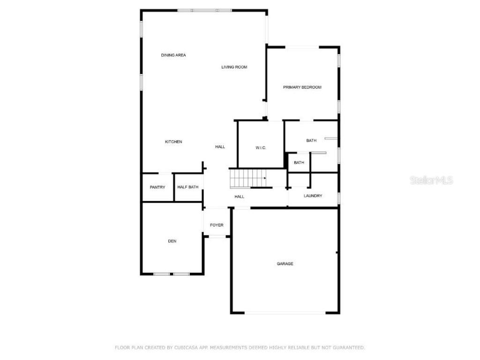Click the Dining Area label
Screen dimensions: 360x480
pos(173,55)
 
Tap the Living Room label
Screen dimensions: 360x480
pos(234,67)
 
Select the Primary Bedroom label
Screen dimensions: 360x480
pos(302,87)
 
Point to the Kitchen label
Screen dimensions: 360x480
pos(173,142)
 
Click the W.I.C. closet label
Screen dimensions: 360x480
pos(261,148)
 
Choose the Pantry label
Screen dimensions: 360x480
pos(157,187)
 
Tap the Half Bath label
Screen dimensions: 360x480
pos(188,187)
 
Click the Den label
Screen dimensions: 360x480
pos(172,241)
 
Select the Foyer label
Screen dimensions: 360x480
pos(217,225)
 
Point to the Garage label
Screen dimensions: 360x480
pos(285,264)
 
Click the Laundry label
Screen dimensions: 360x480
pos(313,196)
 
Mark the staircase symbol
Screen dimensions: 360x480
pos(247,178)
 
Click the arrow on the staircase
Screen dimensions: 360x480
pos(265,179)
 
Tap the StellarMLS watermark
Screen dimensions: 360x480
pos(432,180)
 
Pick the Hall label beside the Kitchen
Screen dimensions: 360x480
pos(220,147)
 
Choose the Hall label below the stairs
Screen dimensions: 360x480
pos(240,197)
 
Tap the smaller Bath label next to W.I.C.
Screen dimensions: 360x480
pos(299,163)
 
